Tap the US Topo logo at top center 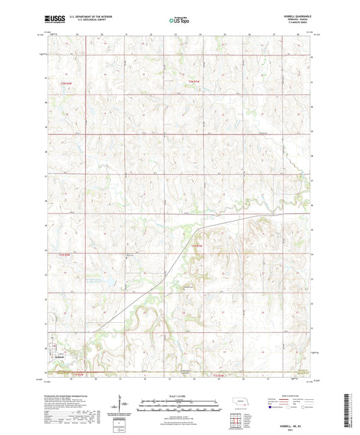[178, 21]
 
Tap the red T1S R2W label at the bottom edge [59, 374]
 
